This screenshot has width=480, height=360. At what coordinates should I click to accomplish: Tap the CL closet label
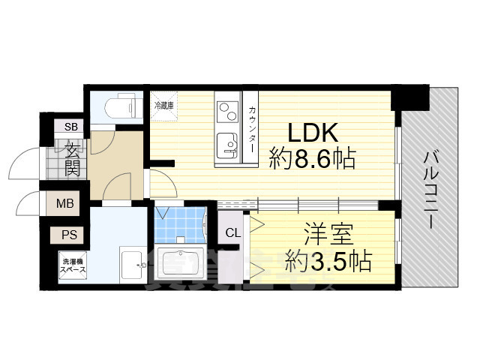(x=232, y=232)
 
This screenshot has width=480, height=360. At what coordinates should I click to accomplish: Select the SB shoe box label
(x=73, y=127)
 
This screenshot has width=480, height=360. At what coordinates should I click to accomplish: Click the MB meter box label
(x=65, y=202)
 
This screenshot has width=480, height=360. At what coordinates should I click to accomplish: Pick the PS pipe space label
(x=68, y=235)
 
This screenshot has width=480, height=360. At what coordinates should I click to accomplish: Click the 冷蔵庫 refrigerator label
(x=163, y=106)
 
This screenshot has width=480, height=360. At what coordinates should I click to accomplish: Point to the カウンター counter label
(x=252, y=127)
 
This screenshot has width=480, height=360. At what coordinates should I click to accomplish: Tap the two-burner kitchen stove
(x=225, y=112)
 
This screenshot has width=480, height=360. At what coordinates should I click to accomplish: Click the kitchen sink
(x=224, y=143)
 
